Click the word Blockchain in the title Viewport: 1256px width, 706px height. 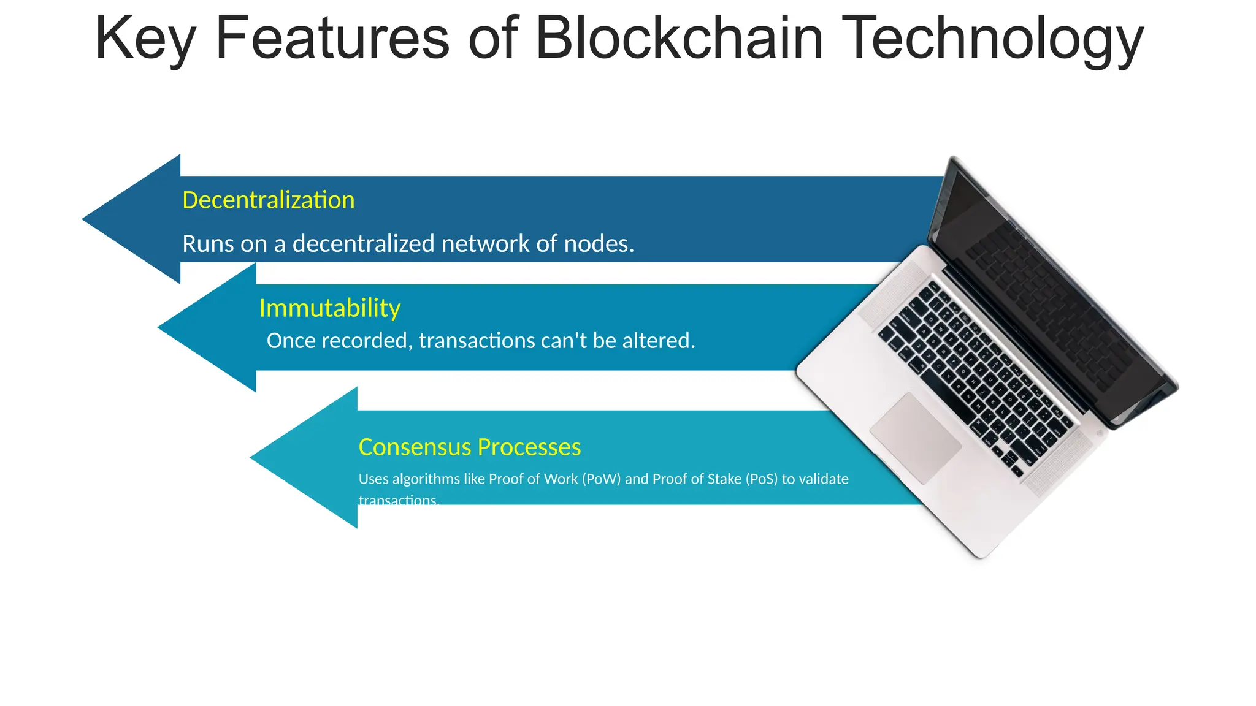click(x=679, y=38)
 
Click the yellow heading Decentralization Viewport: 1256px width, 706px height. click(x=268, y=200)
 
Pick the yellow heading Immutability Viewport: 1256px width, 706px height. click(x=329, y=308)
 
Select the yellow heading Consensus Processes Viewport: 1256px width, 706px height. click(x=469, y=447)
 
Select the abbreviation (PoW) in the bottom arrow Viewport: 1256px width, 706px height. click(x=601, y=479)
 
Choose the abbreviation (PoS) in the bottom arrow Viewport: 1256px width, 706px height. click(x=761, y=479)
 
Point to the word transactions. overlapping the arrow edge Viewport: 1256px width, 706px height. click(x=399, y=500)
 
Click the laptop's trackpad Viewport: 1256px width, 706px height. click(x=915, y=438)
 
